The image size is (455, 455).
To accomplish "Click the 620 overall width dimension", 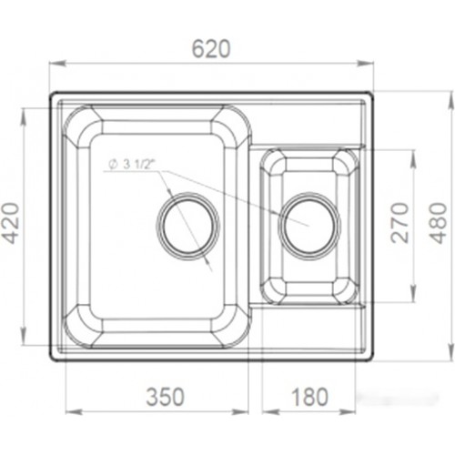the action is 211,48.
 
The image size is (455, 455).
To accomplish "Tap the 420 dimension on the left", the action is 13,223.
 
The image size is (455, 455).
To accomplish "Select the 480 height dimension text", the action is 439,223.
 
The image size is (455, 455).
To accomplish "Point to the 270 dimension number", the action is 399,223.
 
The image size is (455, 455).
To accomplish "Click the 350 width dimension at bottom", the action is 166,397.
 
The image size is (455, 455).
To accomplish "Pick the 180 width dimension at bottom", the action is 309,397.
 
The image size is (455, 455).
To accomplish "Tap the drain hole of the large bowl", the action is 188,226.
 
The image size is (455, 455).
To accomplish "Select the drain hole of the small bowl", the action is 309,226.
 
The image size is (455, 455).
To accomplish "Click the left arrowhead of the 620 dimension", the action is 57,64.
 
